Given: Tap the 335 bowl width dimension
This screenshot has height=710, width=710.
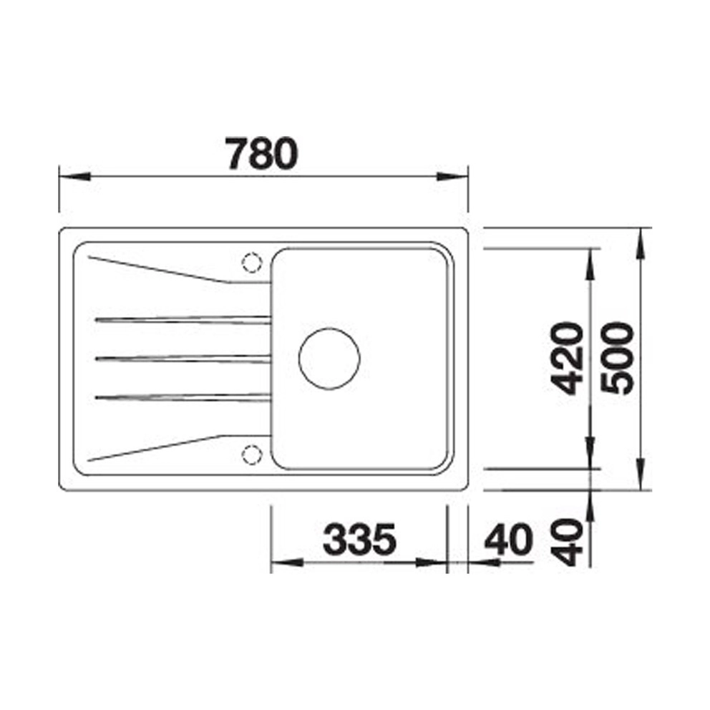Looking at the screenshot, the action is point(359,539).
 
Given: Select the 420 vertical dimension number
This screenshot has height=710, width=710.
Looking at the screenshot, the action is point(567,358).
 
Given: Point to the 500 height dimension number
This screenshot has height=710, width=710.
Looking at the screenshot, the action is point(617,358).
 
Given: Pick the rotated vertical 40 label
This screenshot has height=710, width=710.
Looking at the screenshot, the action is point(567,542).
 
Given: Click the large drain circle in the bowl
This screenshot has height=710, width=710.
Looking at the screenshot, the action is point(329,358).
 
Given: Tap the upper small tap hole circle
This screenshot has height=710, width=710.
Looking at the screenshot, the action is point(252,262).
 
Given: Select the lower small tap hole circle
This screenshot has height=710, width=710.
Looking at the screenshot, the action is point(252,454).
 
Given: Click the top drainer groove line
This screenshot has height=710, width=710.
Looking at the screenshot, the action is point(183,320).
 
